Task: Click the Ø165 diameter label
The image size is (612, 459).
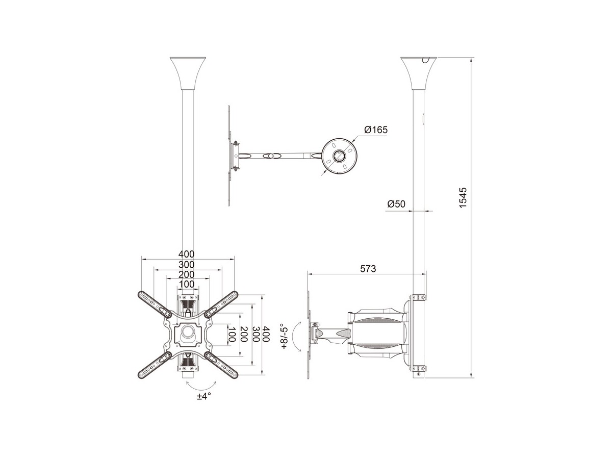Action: pyautogui.click(x=376, y=130)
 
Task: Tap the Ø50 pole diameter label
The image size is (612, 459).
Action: pyautogui.click(x=396, y=204)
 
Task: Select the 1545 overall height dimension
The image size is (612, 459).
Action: pyautogui.click(x=463, y=198)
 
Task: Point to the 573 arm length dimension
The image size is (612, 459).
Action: pyautogui.click(x=368, y=269)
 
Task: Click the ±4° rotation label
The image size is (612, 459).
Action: pyautogui.click(x=203, y=397)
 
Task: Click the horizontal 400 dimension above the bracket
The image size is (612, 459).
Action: pyautogui.click(x=186, y=254)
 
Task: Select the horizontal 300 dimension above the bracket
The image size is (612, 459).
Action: pyautogui.click(x=186, y=265)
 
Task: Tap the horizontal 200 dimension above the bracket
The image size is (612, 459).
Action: pyautogui.click(x=186, y=274)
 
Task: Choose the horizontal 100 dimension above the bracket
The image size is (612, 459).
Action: pyautogui.click(x=186, y=284)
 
